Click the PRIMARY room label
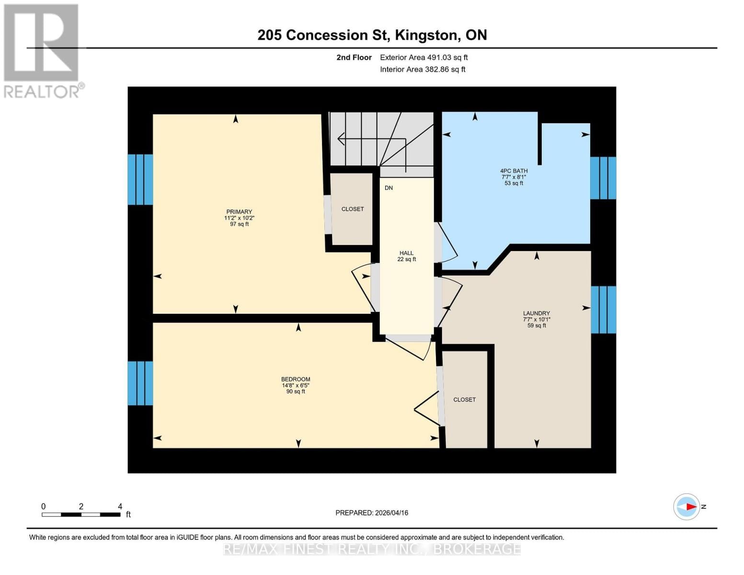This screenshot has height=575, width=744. tap(239, 212)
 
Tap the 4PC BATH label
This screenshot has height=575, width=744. tap(514, 171)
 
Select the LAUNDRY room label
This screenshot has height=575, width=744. tap(536, 313)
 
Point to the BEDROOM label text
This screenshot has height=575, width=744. tap(296, 379)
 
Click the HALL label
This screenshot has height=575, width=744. tap(406, 253)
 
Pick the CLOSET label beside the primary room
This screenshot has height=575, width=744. tap(352, 209)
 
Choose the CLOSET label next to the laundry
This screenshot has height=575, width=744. tap(464, 400)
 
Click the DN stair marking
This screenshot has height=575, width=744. tap(389, 188)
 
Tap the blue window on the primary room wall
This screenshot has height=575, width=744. tap(140, 179)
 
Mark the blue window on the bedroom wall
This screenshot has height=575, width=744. tap(140, 383)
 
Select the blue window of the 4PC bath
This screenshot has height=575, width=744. tap(603, 178)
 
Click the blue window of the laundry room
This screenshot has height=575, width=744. tap(603, 310)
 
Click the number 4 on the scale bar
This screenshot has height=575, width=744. tap(120, 506)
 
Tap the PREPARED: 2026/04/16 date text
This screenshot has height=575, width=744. tap(372, 513)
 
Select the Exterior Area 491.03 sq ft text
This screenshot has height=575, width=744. tap(424, 57)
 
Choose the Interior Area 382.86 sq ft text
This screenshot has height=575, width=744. tap(423, 69)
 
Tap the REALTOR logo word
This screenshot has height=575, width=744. tap(42, 92)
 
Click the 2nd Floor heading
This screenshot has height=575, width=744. tap(354, 57)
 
